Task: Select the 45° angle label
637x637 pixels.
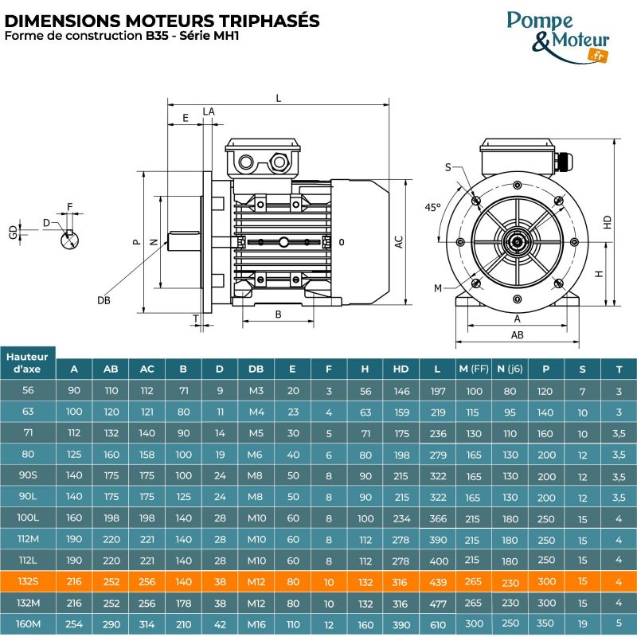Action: pos(432,207)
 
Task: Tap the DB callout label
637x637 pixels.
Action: pos(104,299)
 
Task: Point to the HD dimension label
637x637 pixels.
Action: pos(608,223)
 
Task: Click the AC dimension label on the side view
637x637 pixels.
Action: pos(399,243)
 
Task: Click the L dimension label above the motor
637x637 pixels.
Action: pos(278,98)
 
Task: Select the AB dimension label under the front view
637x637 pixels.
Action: pos(517,335)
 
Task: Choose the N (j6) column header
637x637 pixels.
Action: pos(510,369)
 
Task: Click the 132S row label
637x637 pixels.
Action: pos(28,581)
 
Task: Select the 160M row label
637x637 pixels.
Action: pos(28,624)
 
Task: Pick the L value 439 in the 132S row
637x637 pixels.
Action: pos(438,582)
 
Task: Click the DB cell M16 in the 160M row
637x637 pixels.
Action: pos(256,624)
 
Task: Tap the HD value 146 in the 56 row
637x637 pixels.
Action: pos(401,391)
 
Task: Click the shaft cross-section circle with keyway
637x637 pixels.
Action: pos(71,237)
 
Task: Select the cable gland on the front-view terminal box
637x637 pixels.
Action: pos(564,160)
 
